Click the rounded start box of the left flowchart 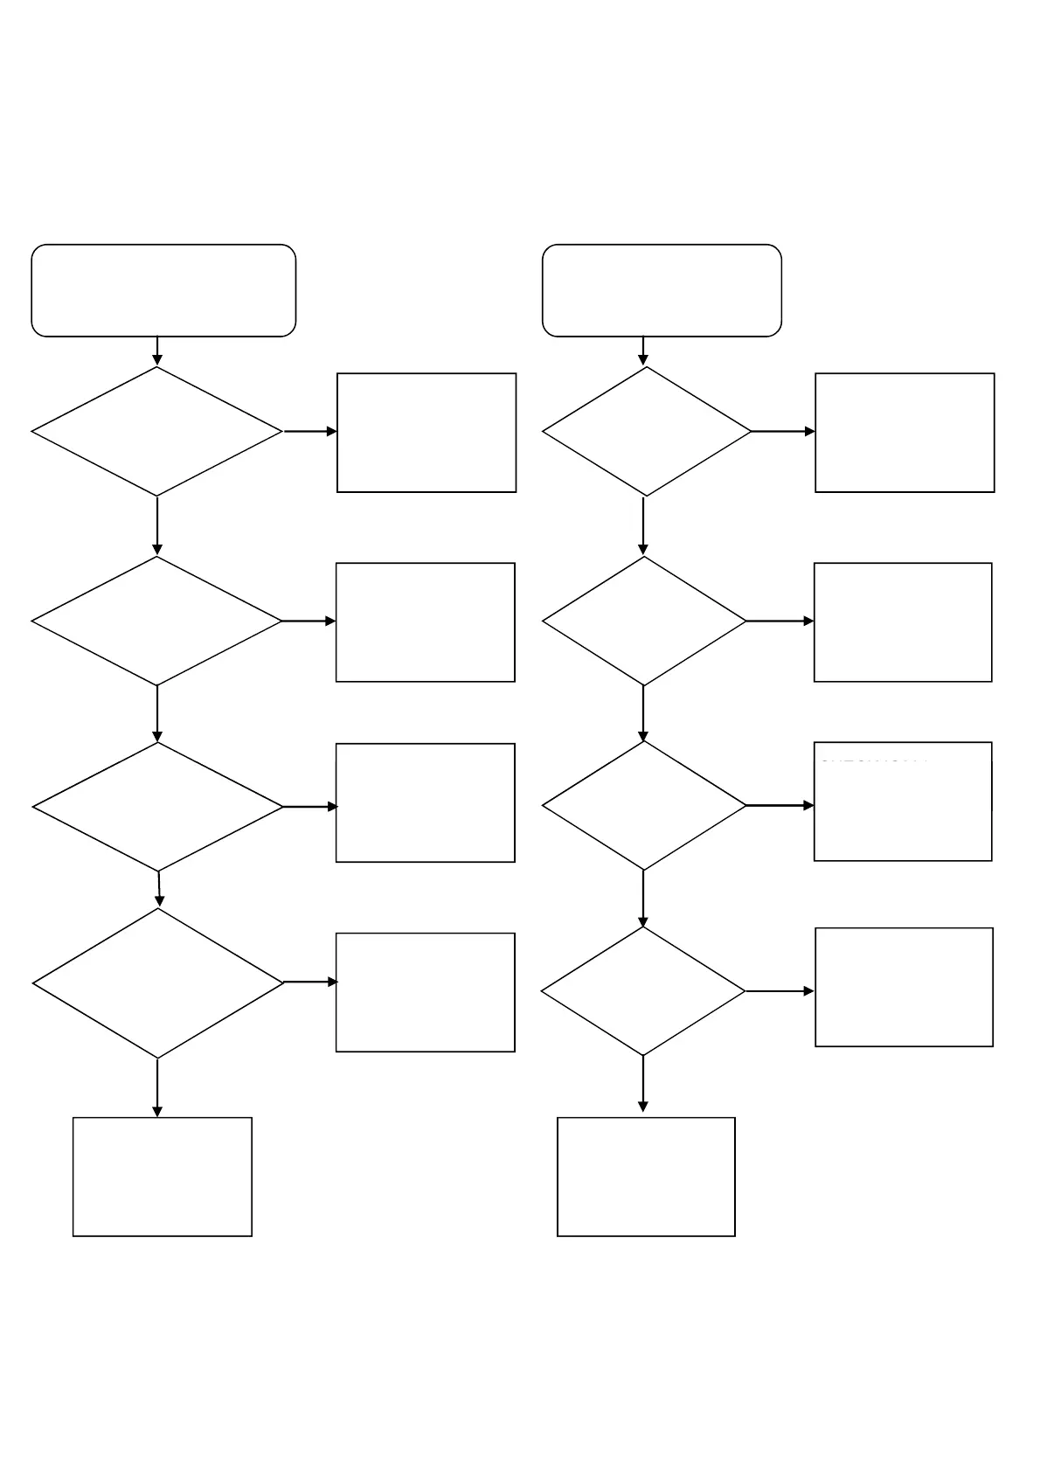click(163, 290)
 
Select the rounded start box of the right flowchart click(662, 290)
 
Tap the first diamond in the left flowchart click(157, 431)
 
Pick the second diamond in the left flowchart click(157, 621)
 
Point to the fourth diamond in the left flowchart click(158, 983)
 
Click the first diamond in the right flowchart click(647, 431)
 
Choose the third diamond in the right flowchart click(644, 805)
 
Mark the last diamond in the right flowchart click(643, 991)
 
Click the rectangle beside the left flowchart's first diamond click(426, 433)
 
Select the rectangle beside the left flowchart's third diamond click(426, 802)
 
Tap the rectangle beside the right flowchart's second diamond click(903, 621)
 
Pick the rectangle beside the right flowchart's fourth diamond click(904, 987)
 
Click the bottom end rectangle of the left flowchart click(163, 1177)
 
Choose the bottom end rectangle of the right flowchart click(646, 1177)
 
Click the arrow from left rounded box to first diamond click(157, 351)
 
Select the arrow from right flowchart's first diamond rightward click(783, 431)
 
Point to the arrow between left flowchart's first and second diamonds click(157, 525)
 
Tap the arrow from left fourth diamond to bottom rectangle click(157, 1087)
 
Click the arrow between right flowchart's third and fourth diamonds click(643, 898)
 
